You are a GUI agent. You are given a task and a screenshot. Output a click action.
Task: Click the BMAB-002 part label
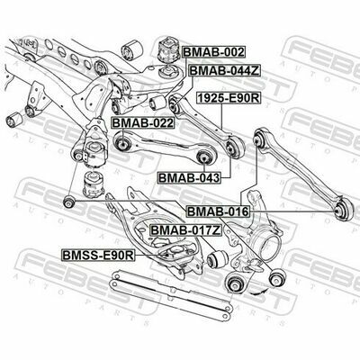[x=213, y=52]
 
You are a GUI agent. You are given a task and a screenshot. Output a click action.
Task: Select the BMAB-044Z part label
[x=225, y=71]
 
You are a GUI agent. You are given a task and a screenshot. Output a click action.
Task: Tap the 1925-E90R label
[x=229, y=98]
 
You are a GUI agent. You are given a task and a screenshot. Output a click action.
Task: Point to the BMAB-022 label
[x=143, y=123]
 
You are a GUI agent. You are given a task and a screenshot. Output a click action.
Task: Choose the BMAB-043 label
[x=189, y=178]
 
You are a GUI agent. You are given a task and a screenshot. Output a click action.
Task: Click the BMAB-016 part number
[x=218, y=211]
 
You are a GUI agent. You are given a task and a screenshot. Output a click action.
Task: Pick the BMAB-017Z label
[x=186, y=230]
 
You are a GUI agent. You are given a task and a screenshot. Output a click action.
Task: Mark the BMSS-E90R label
[x=98, y=256]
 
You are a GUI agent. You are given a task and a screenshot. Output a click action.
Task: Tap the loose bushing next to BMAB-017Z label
[x=218, y=258]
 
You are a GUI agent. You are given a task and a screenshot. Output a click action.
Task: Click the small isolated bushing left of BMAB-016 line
[x=69, y=202]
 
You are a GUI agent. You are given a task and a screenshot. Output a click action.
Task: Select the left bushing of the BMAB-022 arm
[x=122, y=143]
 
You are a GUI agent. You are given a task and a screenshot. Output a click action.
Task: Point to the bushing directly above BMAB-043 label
[x=203, y=156]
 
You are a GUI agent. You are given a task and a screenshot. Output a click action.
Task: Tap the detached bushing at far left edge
[x=13, y=120]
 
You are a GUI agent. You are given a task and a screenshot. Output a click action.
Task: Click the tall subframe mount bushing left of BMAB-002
[x=168, y=49]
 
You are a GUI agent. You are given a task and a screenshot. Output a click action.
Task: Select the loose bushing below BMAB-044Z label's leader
[x=157, y=103]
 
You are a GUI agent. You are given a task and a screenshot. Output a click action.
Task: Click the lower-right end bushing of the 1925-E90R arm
[x=235, y=148]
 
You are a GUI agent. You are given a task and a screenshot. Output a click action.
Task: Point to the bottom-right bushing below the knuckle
[x=277, y=277]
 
